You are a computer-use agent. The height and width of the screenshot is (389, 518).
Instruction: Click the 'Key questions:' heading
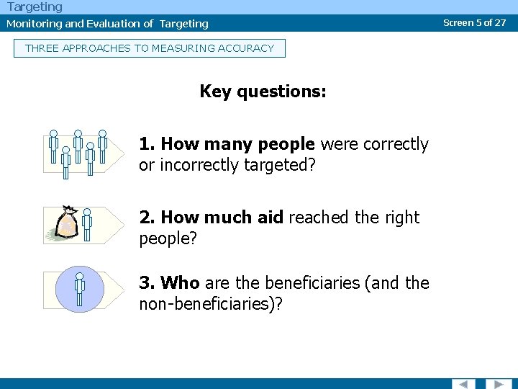(x=263, y=91)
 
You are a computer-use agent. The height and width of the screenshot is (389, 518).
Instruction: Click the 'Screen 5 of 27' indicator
(x=474, y=22)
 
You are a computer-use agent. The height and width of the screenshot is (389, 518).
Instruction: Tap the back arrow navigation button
(x=463, y=383)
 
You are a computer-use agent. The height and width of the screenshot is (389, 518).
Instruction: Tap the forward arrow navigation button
(x=498, y=383)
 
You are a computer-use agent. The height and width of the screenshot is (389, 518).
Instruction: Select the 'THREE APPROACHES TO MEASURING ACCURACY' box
(x=150, y=48)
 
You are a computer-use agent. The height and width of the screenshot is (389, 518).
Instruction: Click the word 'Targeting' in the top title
(x=35, y=6)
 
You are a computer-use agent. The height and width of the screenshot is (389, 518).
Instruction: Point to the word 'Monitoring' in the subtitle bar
(x=35, y=24)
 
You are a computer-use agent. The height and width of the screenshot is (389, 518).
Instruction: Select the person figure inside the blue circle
(x=80, y=289)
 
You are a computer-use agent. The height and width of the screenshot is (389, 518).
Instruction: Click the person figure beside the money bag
(x=87, y=224)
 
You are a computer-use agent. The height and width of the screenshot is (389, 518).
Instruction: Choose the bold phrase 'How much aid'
(x=222, y=218)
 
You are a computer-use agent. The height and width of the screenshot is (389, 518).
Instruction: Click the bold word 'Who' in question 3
(x=180, y=283)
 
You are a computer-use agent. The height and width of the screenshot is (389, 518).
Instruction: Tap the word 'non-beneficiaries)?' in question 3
(x=211, y=304)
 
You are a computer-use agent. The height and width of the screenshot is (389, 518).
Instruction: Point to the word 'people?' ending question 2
(x=168, y=238)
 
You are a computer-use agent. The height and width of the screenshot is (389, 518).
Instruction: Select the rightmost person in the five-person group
(x=102, y=146)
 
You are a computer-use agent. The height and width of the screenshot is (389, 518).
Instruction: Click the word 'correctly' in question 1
(x=395, y=144)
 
